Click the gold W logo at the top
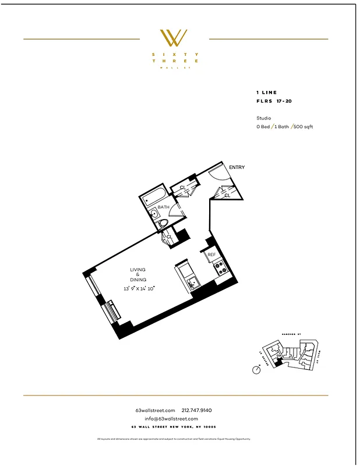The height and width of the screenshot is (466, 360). (174, 38)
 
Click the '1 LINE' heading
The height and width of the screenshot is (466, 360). (266, 93)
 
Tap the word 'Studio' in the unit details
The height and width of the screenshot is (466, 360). (263, 118)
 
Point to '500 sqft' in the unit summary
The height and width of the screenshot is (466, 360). (303, 126)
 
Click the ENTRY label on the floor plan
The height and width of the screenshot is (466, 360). (237, 168)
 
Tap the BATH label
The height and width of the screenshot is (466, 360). (163, 207)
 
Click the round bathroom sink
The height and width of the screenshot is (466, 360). (155, 214)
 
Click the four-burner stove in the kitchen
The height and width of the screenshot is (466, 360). (220, 268)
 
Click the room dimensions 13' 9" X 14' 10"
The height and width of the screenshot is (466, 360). (139, 288)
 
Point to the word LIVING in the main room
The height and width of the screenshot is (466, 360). (138, 270)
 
